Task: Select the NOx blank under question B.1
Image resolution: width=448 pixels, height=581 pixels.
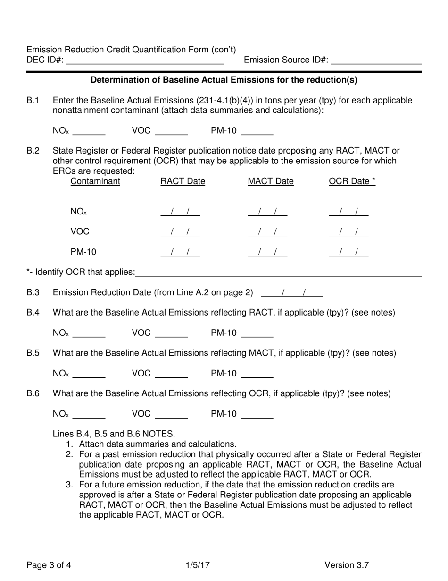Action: point(89,132)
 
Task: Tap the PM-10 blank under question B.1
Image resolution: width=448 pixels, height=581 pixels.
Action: point(257,132)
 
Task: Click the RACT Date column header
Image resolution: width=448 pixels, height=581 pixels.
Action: point(183,182)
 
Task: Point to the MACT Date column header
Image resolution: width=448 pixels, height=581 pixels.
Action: point(270,182)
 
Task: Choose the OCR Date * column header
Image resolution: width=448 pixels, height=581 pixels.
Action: point(352,182)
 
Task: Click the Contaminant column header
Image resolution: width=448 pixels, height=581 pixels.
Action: point(95,182)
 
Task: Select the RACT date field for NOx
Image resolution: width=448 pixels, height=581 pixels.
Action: point(180,213)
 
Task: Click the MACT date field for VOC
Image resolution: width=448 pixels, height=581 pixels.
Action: point(267,232)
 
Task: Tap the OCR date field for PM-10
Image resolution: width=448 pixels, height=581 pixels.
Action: point(348,252)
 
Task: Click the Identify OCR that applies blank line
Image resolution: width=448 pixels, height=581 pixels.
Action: point(278,273)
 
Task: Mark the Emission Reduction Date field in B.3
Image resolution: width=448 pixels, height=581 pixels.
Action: point(291,293)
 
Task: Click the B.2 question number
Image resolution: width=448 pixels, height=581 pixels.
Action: point(33,151)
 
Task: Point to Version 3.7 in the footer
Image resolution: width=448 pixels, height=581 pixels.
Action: point(347,564)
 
